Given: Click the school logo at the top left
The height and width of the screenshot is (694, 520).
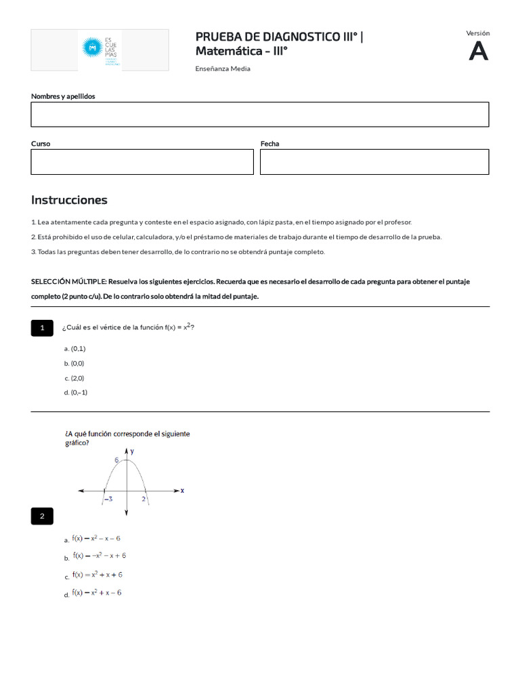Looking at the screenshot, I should [x=100, y=49].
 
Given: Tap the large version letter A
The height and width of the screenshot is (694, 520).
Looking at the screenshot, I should [x=478, y=52].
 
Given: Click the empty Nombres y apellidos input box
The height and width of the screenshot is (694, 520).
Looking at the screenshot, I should [x=259, y=115].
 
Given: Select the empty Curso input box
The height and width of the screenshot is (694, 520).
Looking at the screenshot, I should [x=142, y=162].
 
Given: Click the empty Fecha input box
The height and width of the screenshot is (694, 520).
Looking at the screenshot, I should [x=374, y=162].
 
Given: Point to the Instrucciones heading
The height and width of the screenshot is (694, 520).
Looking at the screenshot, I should [x=69, y=200].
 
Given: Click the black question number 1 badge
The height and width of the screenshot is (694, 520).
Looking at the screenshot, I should [x=42, y=328].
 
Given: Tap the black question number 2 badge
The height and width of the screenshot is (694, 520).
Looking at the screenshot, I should [x=42, y=516].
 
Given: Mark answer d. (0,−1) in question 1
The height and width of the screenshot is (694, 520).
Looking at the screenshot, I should [x=76, y=392].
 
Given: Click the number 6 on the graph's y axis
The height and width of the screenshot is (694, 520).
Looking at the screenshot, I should [x=116, y=460].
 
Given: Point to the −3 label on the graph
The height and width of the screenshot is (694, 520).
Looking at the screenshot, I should [x=107, y=499].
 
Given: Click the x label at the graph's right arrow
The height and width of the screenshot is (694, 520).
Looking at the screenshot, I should [x=183, y=489].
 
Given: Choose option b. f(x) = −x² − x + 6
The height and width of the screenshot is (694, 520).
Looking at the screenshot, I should [x=99, y=556].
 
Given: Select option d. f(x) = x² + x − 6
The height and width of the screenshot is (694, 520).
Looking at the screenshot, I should [x=97, y=593].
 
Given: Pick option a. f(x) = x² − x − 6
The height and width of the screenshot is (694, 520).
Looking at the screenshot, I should [x=96, y=538].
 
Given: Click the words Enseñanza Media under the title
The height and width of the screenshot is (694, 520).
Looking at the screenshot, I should [x=223, y=68].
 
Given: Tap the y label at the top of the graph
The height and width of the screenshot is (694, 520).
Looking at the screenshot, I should [x=132, y=450].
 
